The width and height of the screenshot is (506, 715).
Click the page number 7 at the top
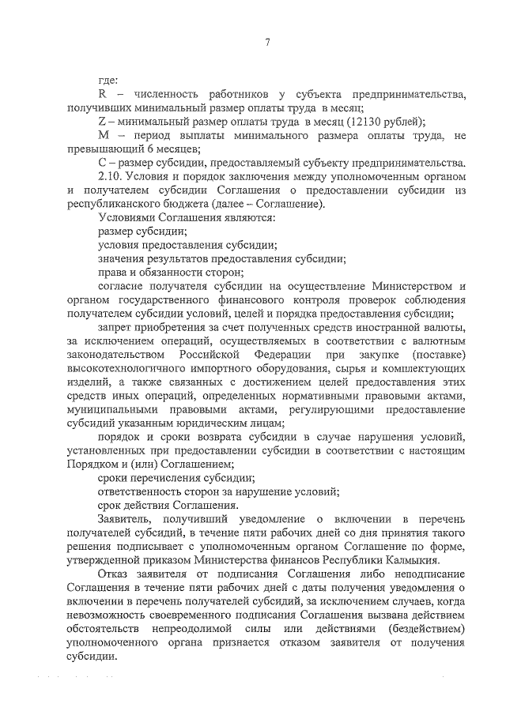point(267,43)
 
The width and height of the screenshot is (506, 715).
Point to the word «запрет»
point(114,326)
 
